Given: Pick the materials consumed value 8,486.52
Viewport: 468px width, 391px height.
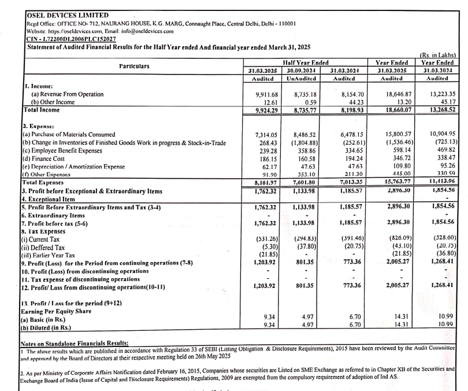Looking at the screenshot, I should point(306,134).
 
